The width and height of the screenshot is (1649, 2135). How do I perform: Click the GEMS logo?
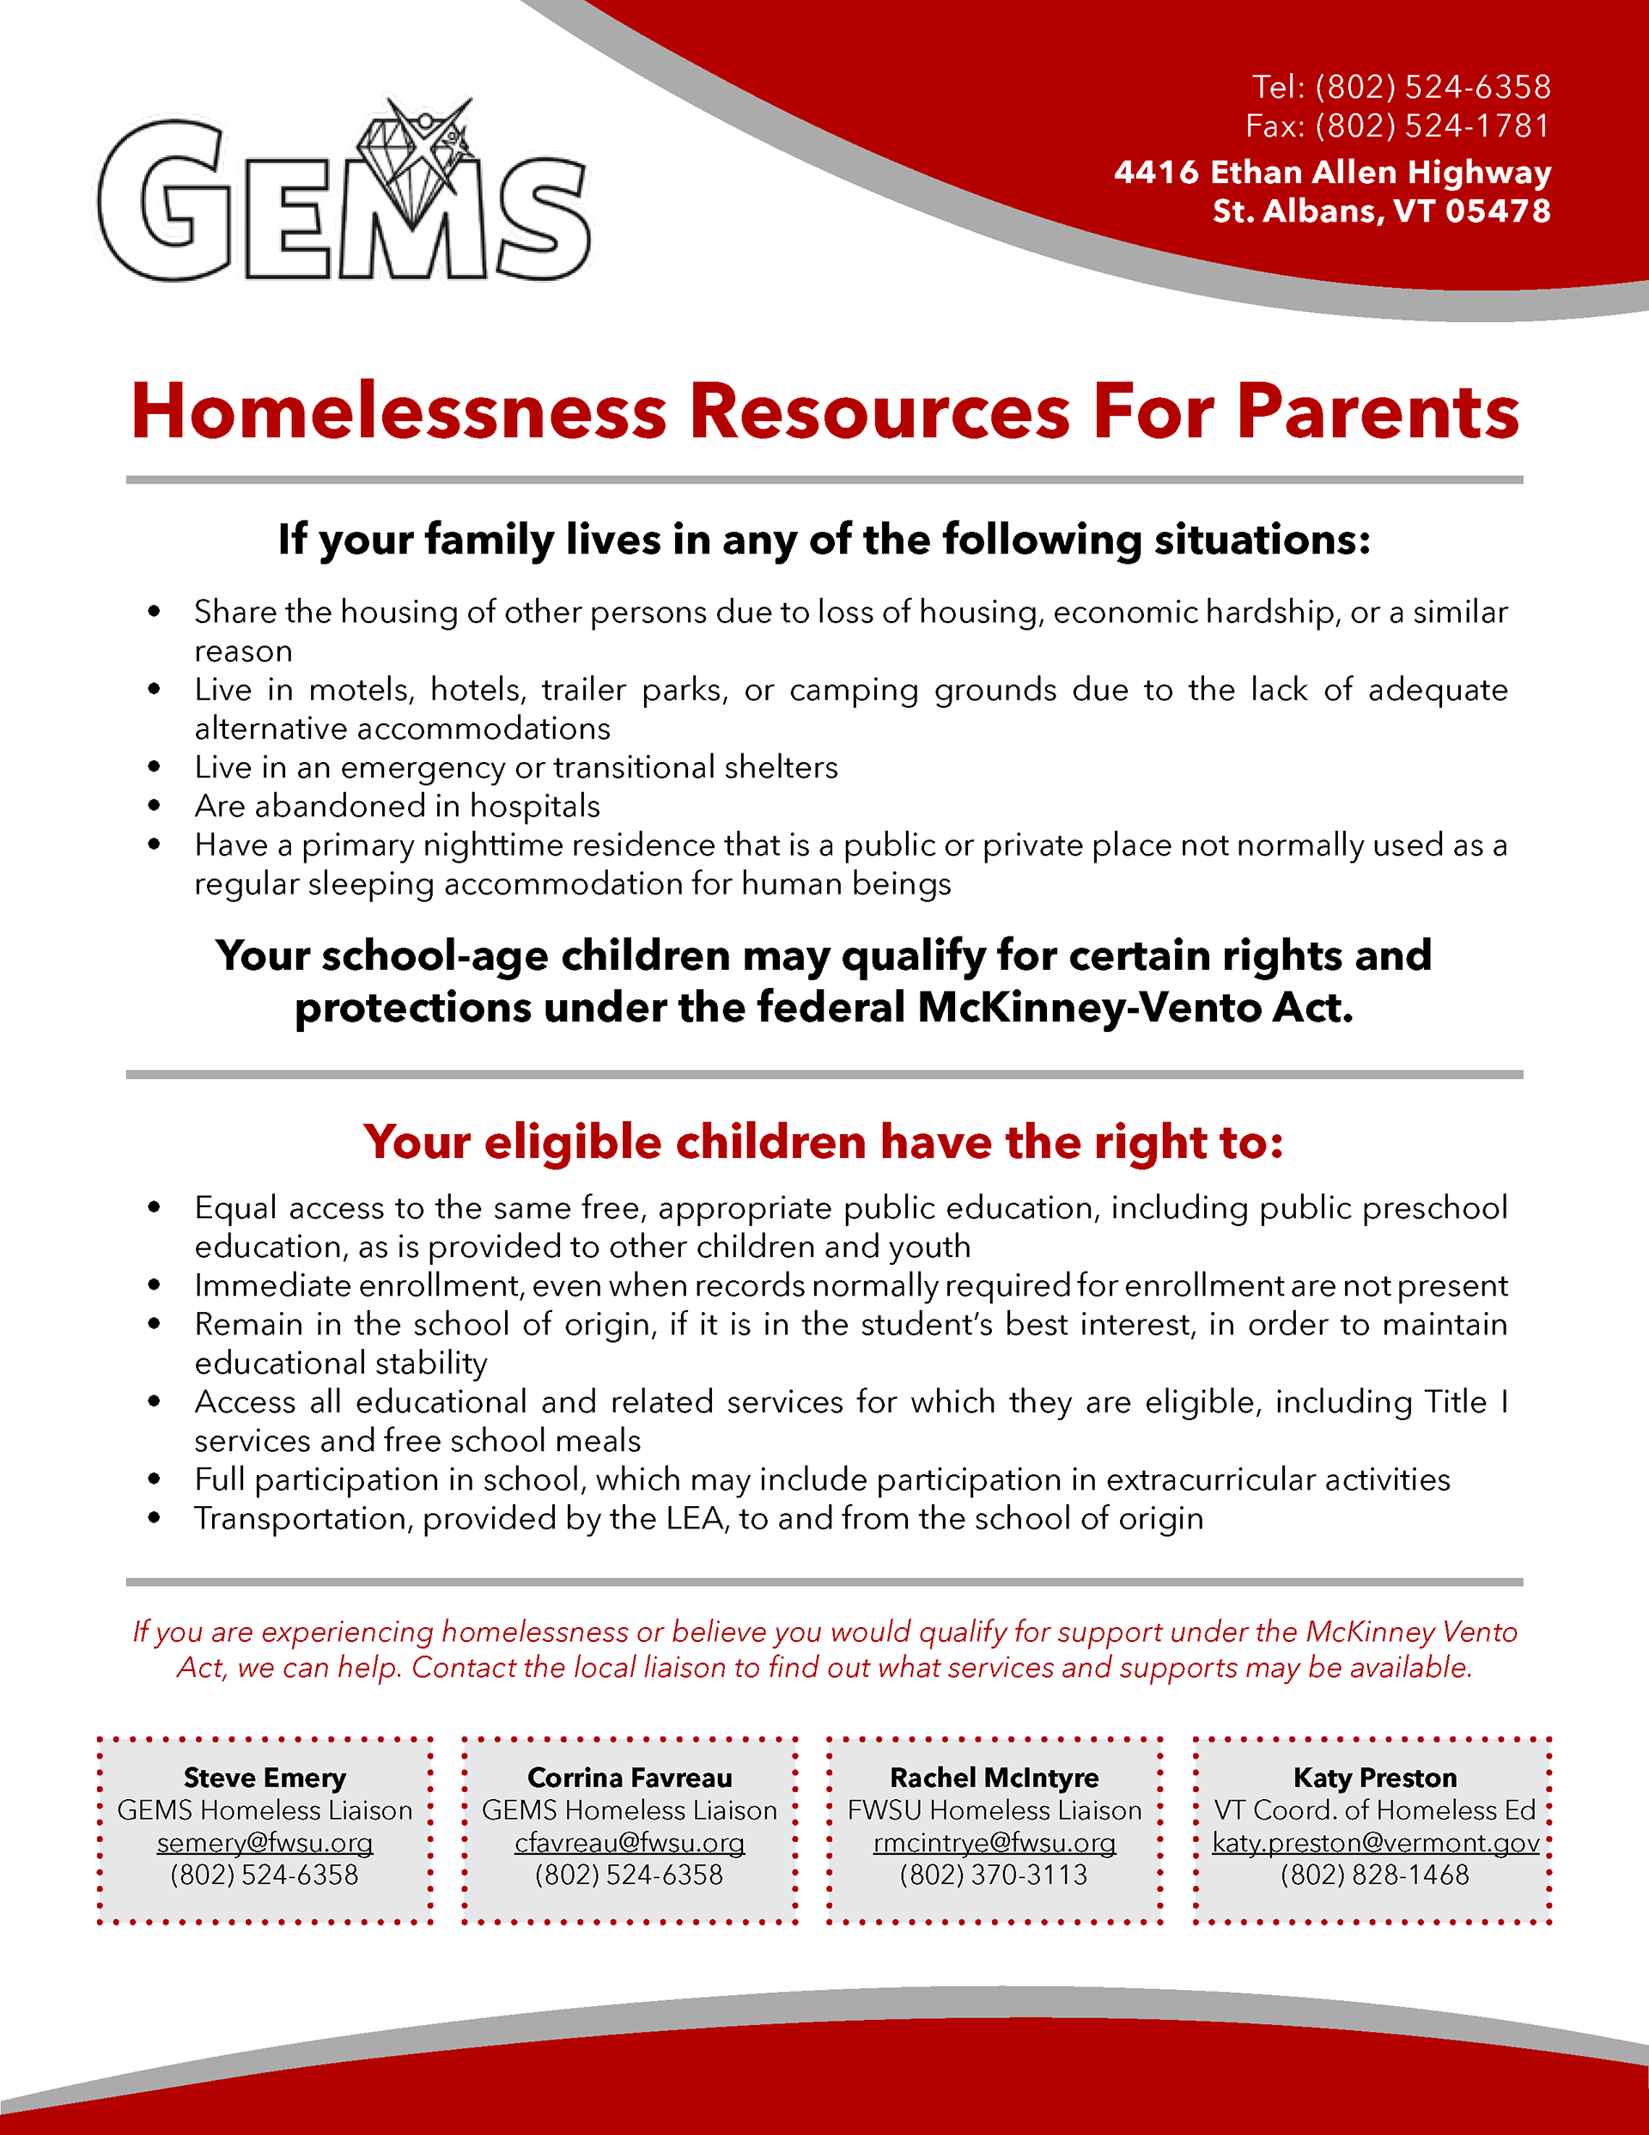click(344, 196)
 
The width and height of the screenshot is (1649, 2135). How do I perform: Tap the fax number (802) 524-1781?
click(1432, 126)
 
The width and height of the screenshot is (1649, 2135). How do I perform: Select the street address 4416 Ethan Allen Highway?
click(1331, 172)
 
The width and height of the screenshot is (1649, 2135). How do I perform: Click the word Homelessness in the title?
click(398, 412)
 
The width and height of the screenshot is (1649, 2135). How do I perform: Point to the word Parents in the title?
click(1378, 412)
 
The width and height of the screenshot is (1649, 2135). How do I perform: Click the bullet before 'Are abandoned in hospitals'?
click(154, 806)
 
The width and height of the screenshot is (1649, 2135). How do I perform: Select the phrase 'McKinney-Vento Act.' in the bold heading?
click(1135, 1008)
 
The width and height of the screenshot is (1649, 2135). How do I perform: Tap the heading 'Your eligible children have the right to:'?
click(823, 1142)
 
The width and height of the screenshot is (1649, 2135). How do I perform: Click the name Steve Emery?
click(265, 1778)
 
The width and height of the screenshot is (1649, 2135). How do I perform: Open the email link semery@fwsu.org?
click(265, 1843)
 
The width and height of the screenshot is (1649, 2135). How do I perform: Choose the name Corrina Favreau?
click(630, 1778)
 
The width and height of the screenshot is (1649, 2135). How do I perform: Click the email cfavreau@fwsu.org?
click(630, 1843)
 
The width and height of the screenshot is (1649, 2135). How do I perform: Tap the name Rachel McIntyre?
click(994, 1778)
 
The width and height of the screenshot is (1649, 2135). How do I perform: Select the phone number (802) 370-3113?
click(994, 1875)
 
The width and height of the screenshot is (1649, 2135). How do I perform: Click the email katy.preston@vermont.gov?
click(1375, 1843)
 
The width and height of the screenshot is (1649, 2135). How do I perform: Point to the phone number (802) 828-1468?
click(1375, 1875)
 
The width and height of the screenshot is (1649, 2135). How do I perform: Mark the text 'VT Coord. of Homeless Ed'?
click(1375, 1810)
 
